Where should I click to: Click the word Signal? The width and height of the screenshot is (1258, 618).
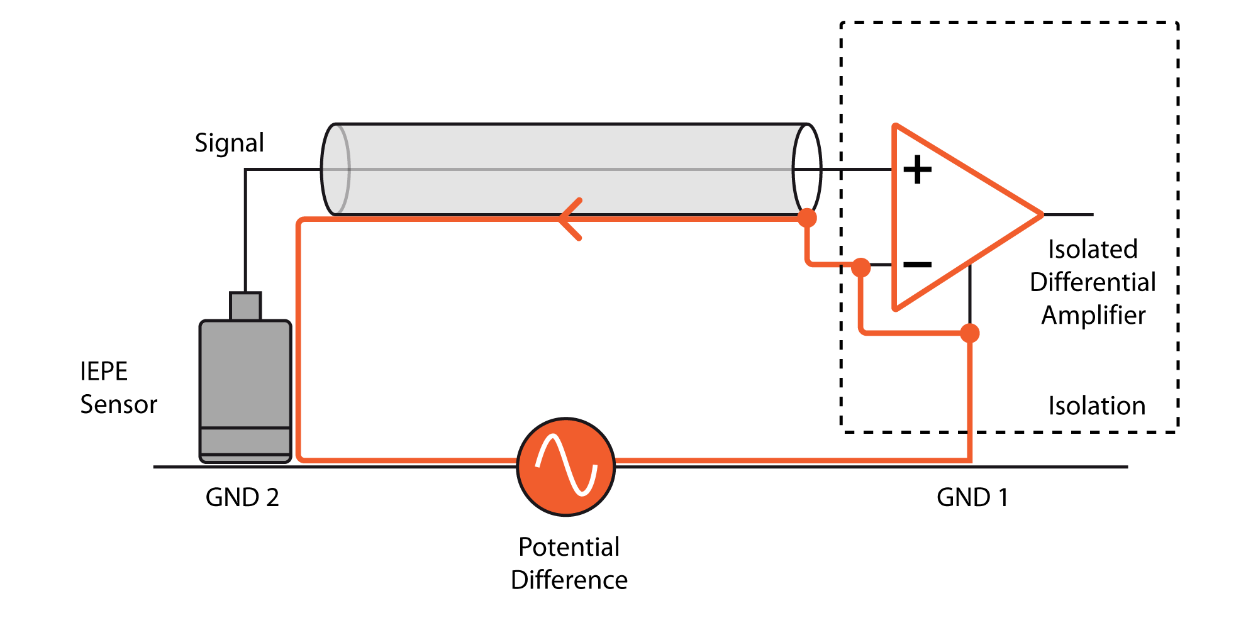tap(229, 143)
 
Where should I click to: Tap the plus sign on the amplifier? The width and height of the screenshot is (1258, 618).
tap(917, 170)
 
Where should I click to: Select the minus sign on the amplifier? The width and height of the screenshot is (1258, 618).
tap(917, 265)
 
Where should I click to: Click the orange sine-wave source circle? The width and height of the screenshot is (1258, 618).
tap(566, 466)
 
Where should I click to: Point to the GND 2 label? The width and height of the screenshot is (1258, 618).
tap(242, 497)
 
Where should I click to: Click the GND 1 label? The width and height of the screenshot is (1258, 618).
tap(972, 497)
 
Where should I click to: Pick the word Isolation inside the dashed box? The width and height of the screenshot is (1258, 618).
tap(1097, 406)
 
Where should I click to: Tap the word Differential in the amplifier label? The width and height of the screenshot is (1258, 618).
tap(1093, 282)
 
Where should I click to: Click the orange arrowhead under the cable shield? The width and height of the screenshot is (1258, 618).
tap(570, 219)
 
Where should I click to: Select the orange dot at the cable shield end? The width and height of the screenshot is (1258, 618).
tap(807, 218)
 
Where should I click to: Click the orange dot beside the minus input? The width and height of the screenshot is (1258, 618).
tap(860, 268)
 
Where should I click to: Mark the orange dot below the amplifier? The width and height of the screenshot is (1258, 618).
tap(970, 333)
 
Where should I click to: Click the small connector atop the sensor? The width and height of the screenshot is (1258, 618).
tap(245, 306)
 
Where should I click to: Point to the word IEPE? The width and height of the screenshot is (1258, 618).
tap(104, 372)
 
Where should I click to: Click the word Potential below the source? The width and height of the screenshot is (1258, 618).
tap(569, 547)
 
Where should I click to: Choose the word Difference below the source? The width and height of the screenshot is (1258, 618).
tap(569, 580)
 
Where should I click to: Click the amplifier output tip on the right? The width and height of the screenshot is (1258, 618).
tap(1043, 214)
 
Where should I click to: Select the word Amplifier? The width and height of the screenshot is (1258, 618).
tap(1093, 315)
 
